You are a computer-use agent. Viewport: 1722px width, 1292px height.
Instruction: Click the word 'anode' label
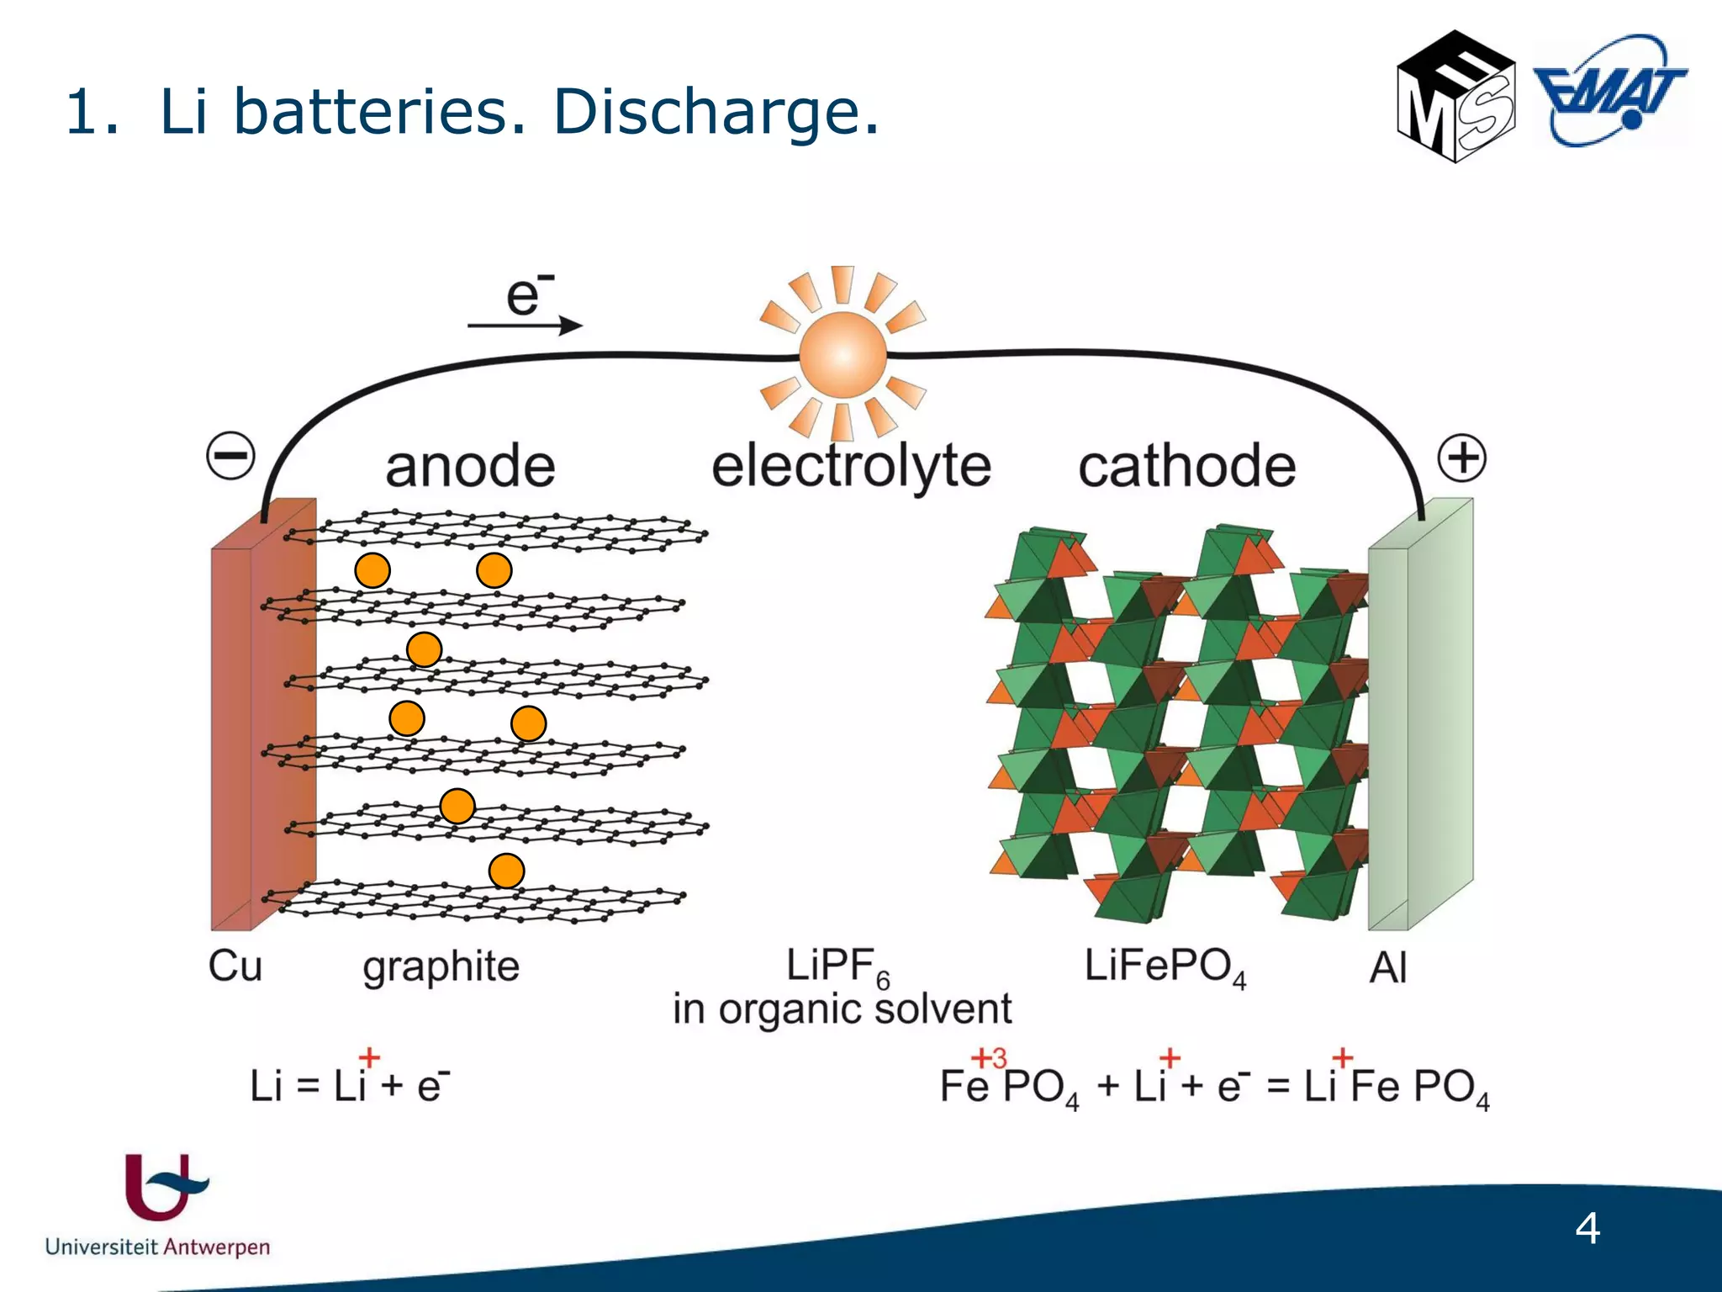tap(470, 467)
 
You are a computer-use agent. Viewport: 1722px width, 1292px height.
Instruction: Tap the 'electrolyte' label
tap(851, 467)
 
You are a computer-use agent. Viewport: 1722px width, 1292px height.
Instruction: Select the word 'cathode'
tap(1186, 467)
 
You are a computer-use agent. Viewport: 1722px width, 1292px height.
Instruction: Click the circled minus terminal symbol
tap(230, 456)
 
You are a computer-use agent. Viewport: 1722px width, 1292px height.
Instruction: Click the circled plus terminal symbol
tap(1461, 458)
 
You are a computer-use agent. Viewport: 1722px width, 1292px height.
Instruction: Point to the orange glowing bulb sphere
tap(843, 354)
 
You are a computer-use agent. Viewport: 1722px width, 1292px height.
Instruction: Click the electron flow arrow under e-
tap(525, 325)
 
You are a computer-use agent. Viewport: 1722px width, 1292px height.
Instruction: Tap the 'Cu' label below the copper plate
tap(235, 966)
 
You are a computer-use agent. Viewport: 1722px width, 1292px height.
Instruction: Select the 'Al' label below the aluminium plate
tap(1387, 968)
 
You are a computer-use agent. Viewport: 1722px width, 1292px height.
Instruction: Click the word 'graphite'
tap(441, 967)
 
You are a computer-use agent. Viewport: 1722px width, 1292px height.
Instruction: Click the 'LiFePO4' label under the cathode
tap(1165, 966)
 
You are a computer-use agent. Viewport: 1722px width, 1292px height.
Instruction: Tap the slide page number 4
tap(1587, 1229)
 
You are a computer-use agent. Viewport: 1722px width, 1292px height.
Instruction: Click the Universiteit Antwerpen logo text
tap(157, 1246)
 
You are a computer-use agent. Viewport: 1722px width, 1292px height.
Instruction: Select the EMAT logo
tap(1609, 91)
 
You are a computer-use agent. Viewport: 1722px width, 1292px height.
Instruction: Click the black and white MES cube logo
tap(1455, 97)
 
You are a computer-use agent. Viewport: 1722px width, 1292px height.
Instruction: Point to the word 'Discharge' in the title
tap(716, 111)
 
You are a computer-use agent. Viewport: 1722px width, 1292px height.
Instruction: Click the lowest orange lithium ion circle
tap(506, 871)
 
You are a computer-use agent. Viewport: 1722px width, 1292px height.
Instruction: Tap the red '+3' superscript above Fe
tap(989, 1057)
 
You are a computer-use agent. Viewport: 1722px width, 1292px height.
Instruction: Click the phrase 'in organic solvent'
tap(842, 1009)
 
